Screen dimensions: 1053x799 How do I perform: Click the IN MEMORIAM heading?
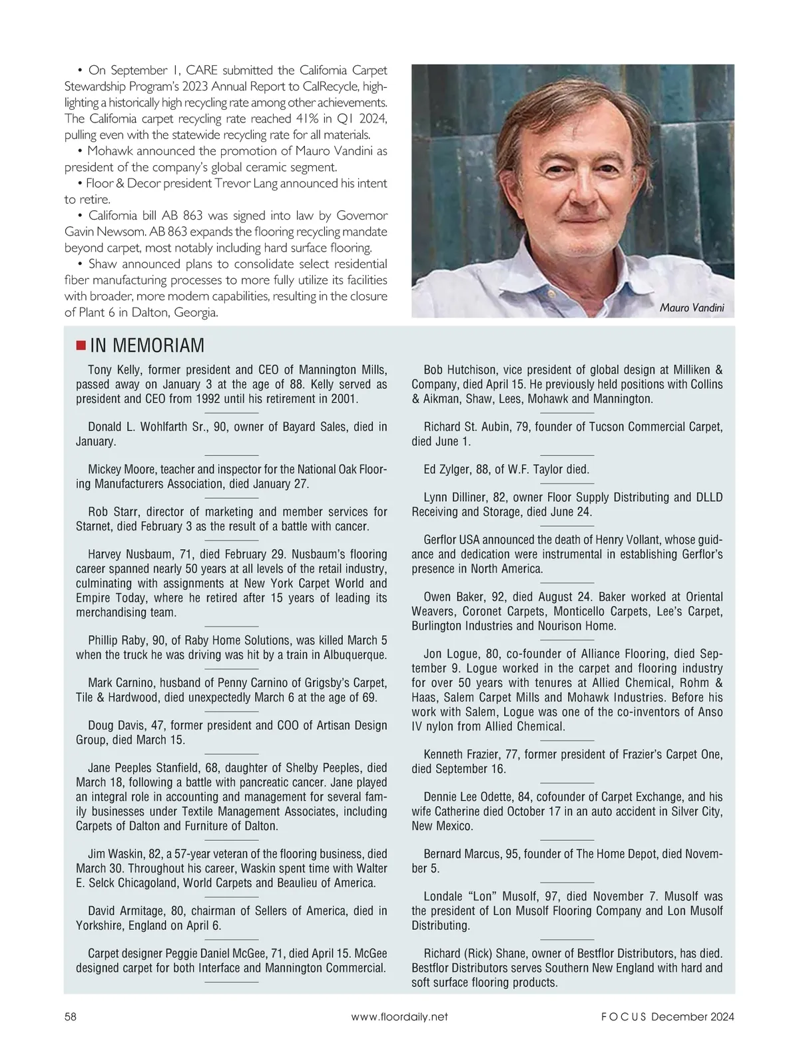tap(146, 345)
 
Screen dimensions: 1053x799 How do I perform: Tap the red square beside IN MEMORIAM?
tap(81, 345)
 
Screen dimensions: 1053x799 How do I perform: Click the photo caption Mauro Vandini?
tap(692, 308)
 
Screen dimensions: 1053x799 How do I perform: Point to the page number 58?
tap(71, 1016)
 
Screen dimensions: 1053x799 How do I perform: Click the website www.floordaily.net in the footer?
tap(399, 1016)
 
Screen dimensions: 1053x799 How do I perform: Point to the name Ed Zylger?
tap(447, 469)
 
